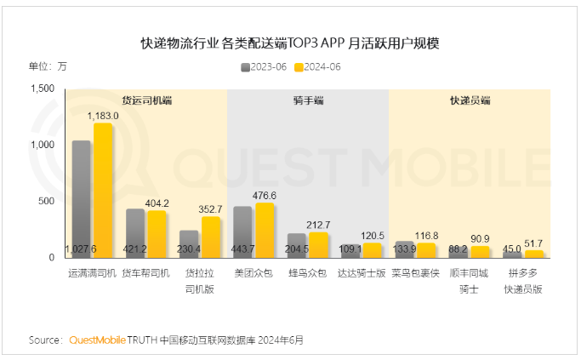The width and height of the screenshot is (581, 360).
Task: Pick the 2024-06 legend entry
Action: pos(318,66)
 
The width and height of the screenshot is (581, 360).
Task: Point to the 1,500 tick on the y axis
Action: pos(42,89)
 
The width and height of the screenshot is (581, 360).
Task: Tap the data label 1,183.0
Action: pos(104,115)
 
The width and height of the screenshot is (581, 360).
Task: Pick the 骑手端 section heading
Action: pos(308,100)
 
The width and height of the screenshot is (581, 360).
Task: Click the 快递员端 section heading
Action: pos(470,100)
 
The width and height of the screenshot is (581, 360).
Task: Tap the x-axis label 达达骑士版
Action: pos(362,274)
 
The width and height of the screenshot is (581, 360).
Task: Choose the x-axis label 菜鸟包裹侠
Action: pos(415,274)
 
